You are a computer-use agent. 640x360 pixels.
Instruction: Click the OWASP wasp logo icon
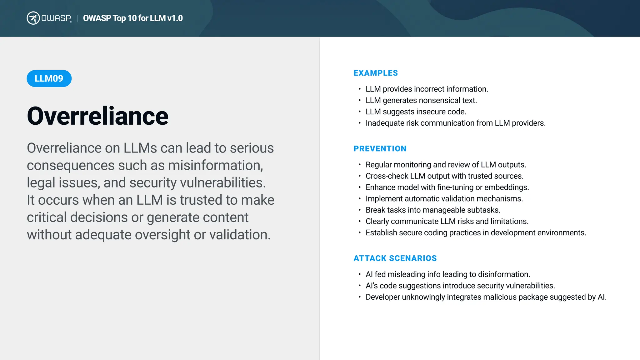pyautogui.click(x=33, y=18)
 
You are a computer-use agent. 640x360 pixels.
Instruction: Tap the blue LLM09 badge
pyautogui.click(x=49, y=78)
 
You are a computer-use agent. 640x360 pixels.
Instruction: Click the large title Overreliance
pyautogui.click(x=97, y=116)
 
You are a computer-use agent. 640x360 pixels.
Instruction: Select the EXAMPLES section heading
pyautogui.click(x=376, y=73)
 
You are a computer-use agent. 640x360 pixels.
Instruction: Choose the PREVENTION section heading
pyautogui.click(x=380, y=149)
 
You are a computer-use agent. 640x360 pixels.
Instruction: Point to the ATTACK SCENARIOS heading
pyautogui.click(x=395, y=258)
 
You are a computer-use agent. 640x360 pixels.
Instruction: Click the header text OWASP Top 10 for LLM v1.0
pyautogui.click(x=133, y=18)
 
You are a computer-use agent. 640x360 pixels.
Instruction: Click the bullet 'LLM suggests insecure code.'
pyautogui.click(x=416, y=112)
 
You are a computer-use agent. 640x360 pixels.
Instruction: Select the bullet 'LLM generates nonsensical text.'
pyautogui.click(x=421, y=101)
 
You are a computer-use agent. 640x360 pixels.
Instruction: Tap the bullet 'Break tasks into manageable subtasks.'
pyautogui.click(x=433, y=210)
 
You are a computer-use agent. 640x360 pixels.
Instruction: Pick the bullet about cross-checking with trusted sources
pyautogui.click(x=444, y=176)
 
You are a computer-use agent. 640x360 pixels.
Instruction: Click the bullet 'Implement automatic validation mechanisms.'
pyautogui.click(x=444, y=199)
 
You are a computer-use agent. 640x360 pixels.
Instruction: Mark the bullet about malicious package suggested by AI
pyautogui.click(x=486, y=297)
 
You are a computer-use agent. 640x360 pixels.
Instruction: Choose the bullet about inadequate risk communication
pyautogui.click(x=455, y=123)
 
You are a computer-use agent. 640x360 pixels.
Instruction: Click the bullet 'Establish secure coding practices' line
pyautogui.click(x=476, y=233)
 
